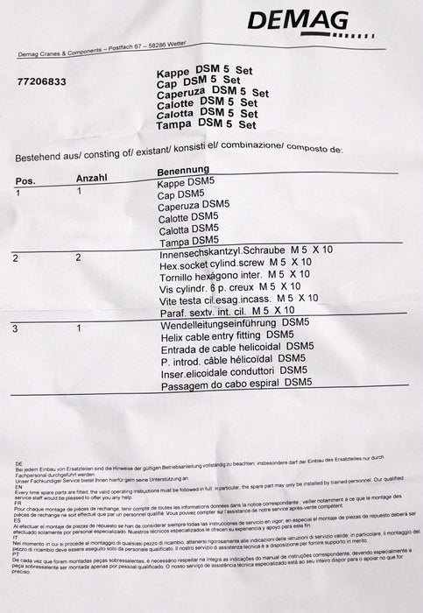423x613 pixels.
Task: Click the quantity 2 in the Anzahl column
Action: coord(78,258)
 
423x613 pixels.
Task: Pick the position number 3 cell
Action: coord(16,328)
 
